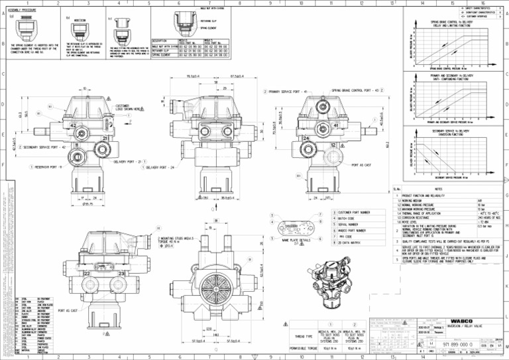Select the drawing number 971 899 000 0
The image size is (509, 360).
pos(457,345)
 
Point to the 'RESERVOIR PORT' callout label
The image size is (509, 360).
pos(46,167)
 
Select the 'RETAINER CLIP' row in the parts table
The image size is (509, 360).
pos(162,50)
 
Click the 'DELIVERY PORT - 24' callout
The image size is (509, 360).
pos(162,168)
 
